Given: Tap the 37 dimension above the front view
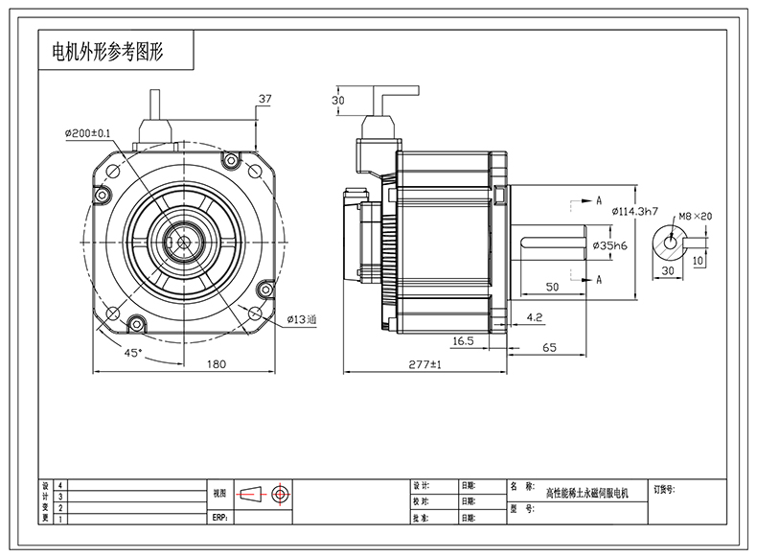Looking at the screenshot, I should [x=265, y=99].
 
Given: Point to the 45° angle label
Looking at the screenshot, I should [x=132, y=353].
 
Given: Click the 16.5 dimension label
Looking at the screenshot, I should [x=464, y=340].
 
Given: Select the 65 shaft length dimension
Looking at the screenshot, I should [x=550, y=348].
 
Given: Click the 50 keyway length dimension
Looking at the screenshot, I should [x=552, y=287].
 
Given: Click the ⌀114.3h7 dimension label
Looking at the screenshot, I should [x=634, y=211].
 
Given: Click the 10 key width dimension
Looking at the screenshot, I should [x=698, y=260].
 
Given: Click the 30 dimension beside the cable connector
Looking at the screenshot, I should [x=337, y=100].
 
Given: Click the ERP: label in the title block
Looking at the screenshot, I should [x=219, y=518].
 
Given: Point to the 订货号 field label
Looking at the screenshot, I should [x=664, y=488].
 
